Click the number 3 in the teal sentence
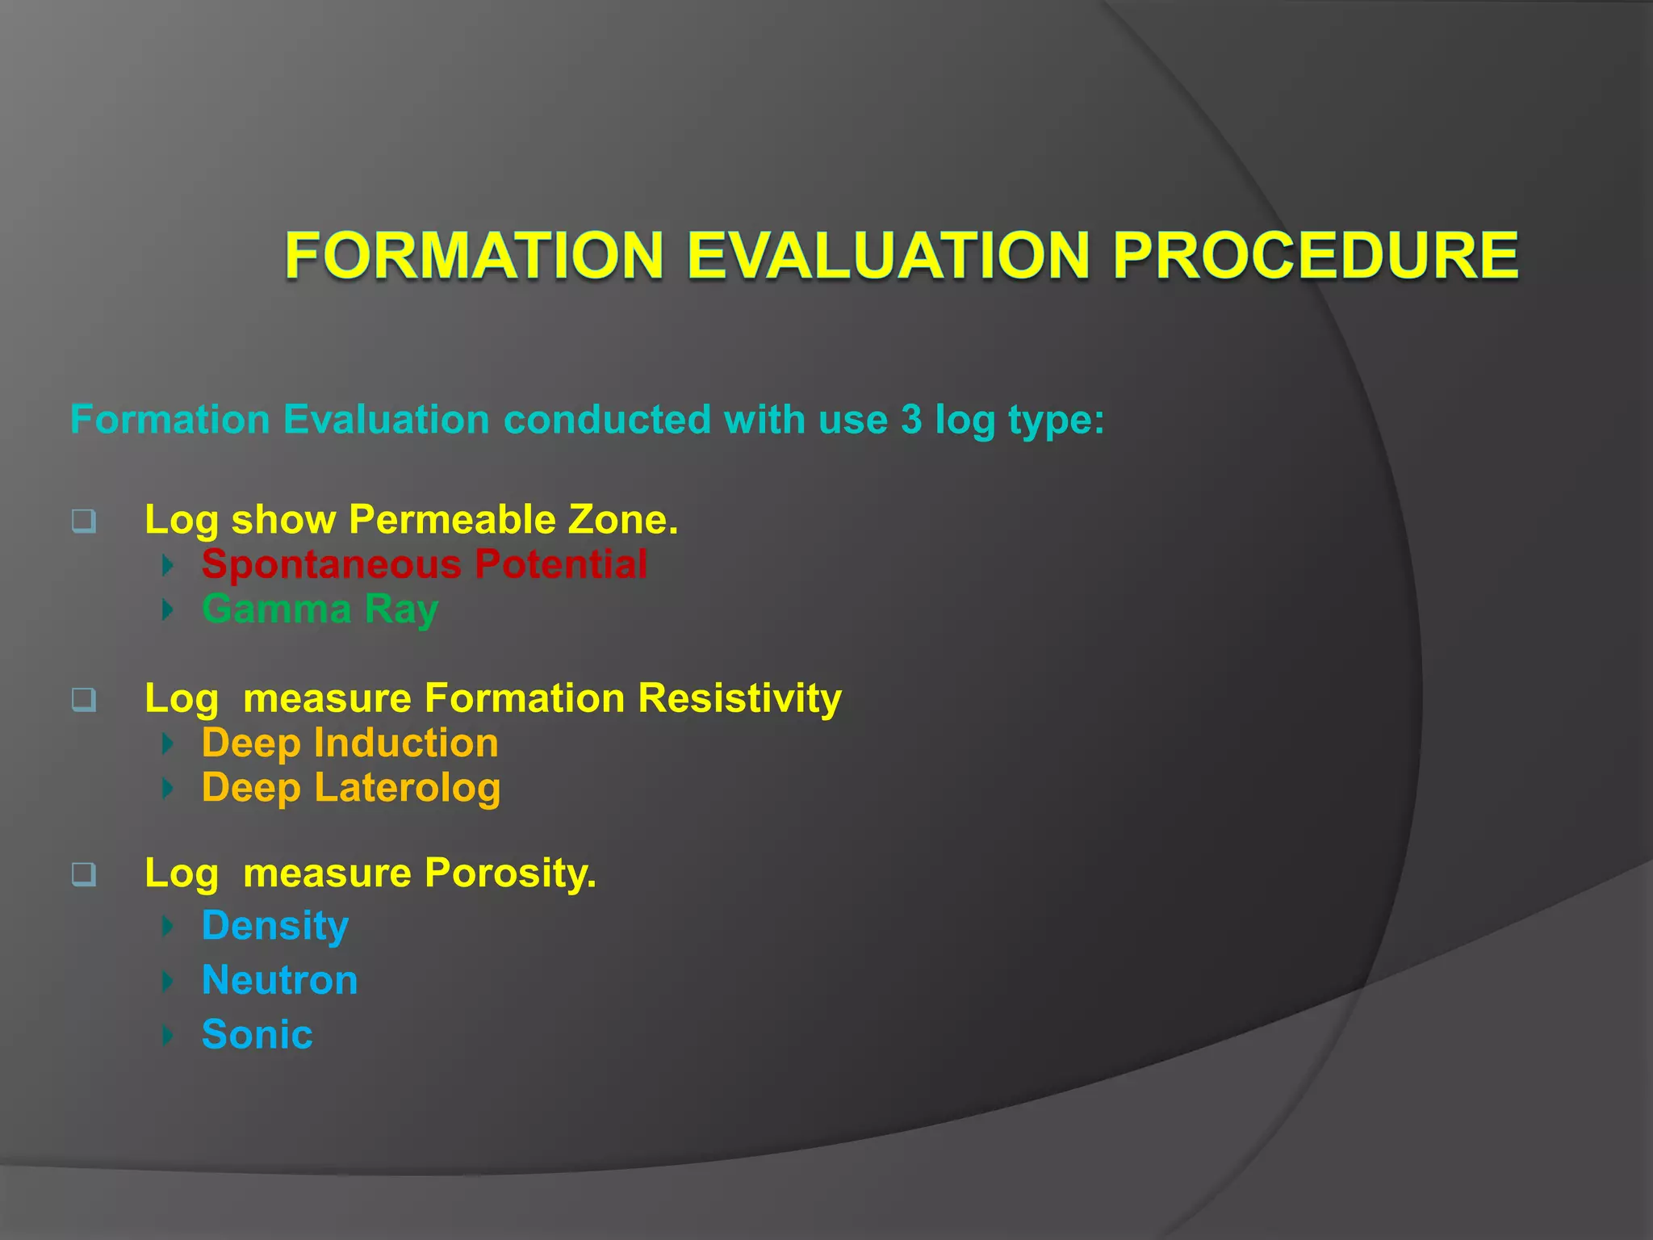tap(911, 420)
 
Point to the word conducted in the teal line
tap(607, 420)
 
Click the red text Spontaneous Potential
tap(425, 563)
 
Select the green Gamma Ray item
tap(320, 609)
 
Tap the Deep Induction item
tap(349, 743)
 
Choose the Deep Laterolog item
tap(351, 788)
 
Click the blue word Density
tap(275, 926)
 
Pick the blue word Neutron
tap(279, 980)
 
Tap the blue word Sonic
tap(257, 1034)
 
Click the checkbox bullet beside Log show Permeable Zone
tap(83, 521)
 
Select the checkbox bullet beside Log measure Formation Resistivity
tap(83, 699)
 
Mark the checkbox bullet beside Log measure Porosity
tap(83, 874)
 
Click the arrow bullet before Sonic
tap(168, 1035)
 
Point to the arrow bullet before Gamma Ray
tap(168, 610)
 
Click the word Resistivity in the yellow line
tap(739, 697)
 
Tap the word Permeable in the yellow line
tap(452, 519)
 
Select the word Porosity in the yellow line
tap(510, 873)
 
